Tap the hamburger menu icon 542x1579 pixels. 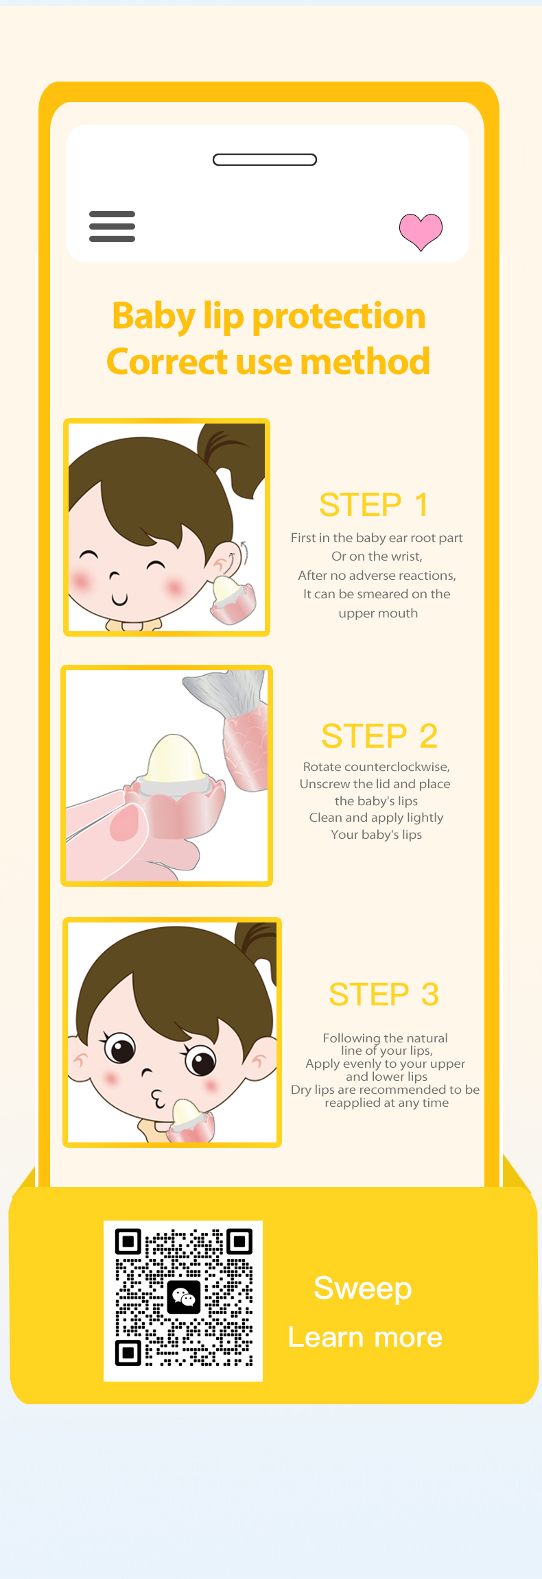112,226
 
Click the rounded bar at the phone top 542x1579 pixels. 265,160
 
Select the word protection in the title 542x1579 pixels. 339,316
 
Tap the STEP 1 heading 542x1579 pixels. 374,505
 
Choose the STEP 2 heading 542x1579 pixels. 379,736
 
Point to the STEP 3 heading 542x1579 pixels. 384,994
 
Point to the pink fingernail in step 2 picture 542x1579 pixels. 124,822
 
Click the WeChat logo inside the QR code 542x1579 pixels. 183,1297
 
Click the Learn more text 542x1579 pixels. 365,1337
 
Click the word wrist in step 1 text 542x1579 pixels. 407,556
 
